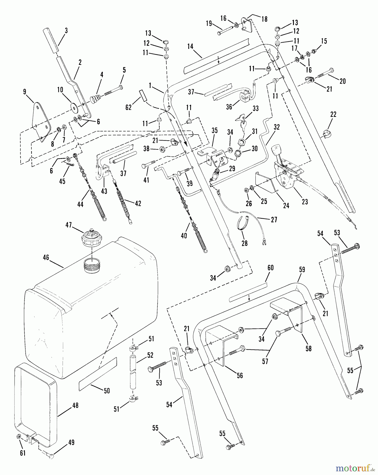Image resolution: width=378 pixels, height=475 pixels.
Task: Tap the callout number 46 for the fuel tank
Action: (x=46, y=258)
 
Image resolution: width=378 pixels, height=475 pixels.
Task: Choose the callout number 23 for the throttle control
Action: (x=305, y=202)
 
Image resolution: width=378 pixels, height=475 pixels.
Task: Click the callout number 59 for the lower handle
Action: (x=302, y=270)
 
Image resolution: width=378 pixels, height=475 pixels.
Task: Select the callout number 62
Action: (x=128, y=107)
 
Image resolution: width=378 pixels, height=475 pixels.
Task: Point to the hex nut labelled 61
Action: (x=19, y=444)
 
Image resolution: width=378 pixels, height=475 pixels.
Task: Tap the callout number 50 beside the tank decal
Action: (x=107, y=391)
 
